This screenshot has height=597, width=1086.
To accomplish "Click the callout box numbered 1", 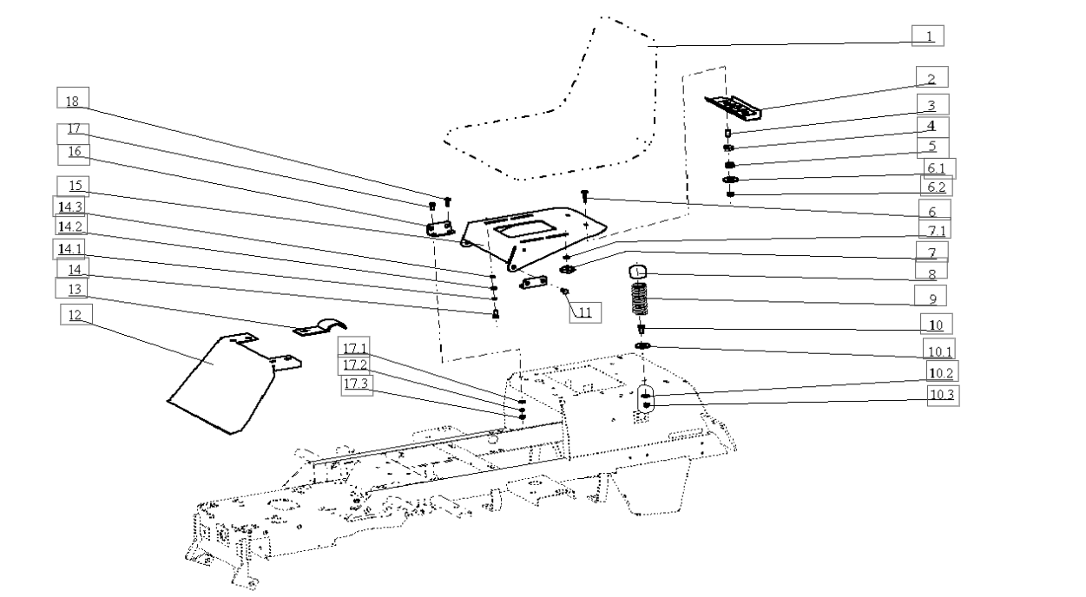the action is [927, 36].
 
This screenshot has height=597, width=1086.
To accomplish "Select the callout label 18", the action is [73, 98].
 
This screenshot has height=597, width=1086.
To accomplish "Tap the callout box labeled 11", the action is [585, 312].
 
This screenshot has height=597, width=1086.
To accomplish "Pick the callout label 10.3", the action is [943, 396].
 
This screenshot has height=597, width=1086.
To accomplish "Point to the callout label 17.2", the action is [354, 365].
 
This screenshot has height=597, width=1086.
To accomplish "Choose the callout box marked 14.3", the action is [69, 207].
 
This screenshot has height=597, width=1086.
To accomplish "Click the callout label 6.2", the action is [936, 186].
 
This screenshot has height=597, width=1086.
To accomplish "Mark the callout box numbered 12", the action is [76, 314].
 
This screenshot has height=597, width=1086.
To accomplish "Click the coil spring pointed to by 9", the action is [640, 299].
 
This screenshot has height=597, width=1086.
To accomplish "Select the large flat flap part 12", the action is [227, 383].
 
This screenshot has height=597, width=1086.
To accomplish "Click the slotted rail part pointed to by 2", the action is [733, 108].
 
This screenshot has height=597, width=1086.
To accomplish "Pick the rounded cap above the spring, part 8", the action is [639, 272].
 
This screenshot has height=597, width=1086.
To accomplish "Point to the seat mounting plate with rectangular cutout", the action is [533, 239].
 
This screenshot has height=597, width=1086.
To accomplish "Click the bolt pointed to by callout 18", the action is [448, 201].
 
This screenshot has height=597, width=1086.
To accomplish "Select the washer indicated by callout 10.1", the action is [642, 345].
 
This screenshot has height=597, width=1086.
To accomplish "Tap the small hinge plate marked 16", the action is [439, 229].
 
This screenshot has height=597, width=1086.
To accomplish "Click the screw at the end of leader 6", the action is [585, 196].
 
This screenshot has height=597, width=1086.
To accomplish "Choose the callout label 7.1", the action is [935, 229].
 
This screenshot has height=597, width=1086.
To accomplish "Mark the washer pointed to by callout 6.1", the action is [730, 180].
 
